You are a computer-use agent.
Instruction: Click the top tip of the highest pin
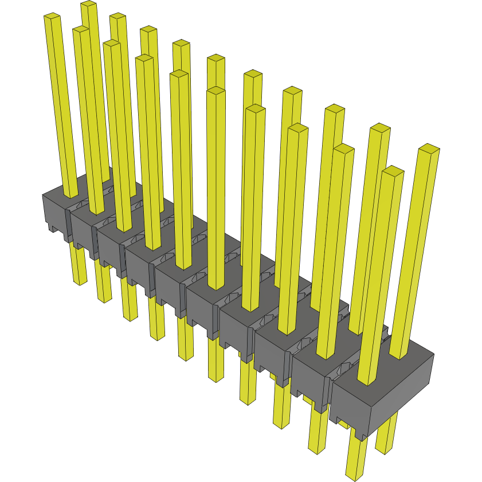pyautogui.click(x=88, y=4)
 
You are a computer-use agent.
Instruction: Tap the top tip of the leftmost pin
pyautogui.click(x=52, y=17)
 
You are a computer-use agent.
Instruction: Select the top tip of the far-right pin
pyautogui.click(x=429, y=148)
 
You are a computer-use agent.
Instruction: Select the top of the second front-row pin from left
pyautogui.click(x=112, y=43)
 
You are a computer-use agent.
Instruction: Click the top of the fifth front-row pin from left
pyautogui.click(x=215, y=91)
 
